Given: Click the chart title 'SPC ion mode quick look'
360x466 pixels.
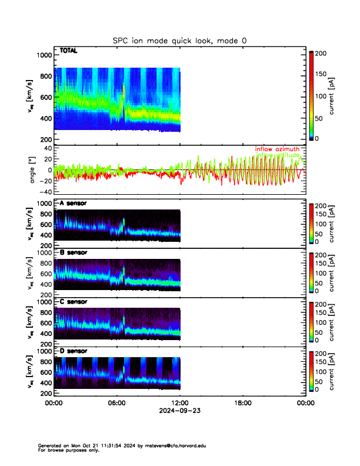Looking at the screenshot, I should (180, 41).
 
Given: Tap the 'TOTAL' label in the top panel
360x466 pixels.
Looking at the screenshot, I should (68, 51).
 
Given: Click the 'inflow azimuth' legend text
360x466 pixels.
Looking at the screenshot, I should (276, 149).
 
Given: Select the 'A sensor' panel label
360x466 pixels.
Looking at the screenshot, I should (73, 204).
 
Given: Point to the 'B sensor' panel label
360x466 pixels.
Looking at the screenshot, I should (73, 252).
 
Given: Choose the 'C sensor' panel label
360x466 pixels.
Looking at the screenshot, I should (73, 302).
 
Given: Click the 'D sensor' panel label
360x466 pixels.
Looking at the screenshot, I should (73, 351).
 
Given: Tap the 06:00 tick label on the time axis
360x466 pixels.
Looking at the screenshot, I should (116, 403).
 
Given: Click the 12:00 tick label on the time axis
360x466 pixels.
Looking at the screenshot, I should (179, 403).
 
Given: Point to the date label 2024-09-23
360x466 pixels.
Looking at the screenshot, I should (179, 410).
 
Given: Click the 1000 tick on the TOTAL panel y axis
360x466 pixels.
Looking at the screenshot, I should (45, 55).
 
